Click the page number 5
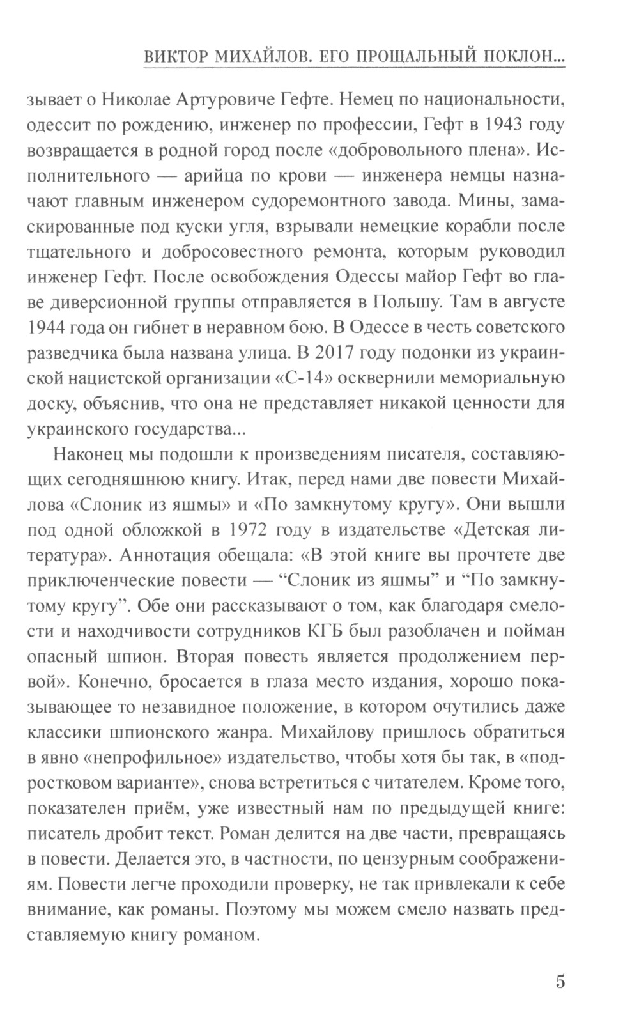[560, 981]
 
